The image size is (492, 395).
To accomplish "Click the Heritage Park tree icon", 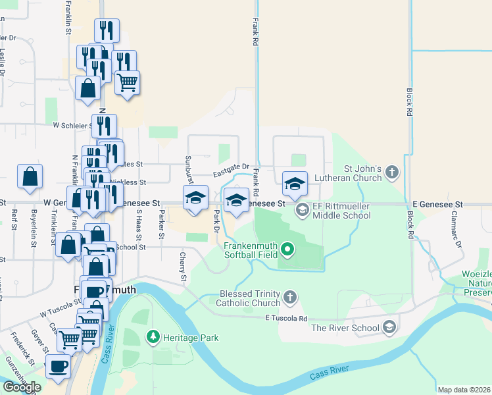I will [x=153, y=337].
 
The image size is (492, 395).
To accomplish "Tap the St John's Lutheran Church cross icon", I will [x=392, y=172].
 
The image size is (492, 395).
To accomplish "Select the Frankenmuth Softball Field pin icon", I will [x=287, y=250].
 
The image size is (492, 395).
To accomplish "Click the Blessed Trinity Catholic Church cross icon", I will [x=289, y=298].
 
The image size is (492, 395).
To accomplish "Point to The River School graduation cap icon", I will [x=389, y=327].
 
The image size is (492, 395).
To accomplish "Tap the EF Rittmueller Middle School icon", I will [x=303, y=210].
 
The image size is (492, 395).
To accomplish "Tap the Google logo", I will [x=22, y=387].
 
